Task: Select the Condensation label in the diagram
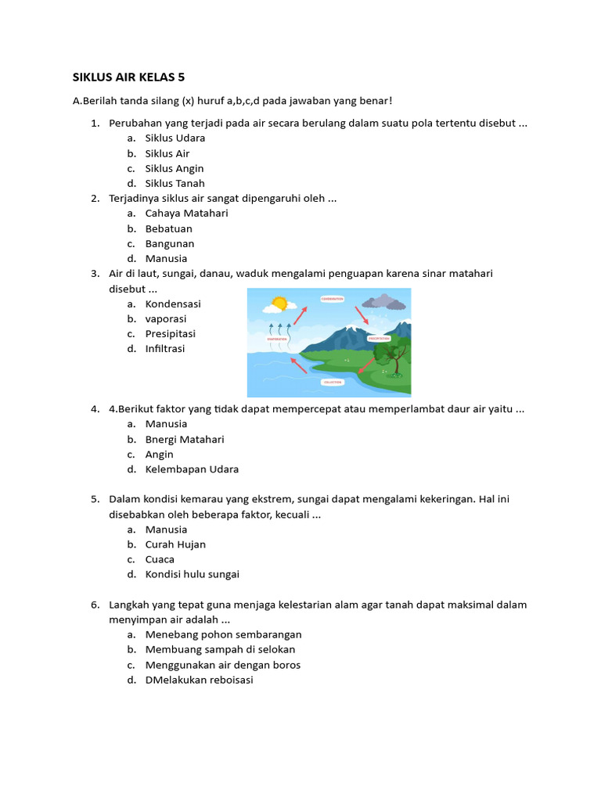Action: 332,299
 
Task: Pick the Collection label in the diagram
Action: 332,382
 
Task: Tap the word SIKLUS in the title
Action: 93,77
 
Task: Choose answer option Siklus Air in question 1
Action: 167,153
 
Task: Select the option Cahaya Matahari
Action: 186,213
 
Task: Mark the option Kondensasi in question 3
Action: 173,304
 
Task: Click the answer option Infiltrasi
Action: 164,349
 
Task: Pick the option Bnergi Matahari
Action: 184,440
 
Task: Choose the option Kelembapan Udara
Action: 192,469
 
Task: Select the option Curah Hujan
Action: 175,544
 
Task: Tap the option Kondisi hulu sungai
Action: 192,574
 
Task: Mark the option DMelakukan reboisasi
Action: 199,680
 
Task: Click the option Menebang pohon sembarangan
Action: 223,634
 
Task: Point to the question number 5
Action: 94,499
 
